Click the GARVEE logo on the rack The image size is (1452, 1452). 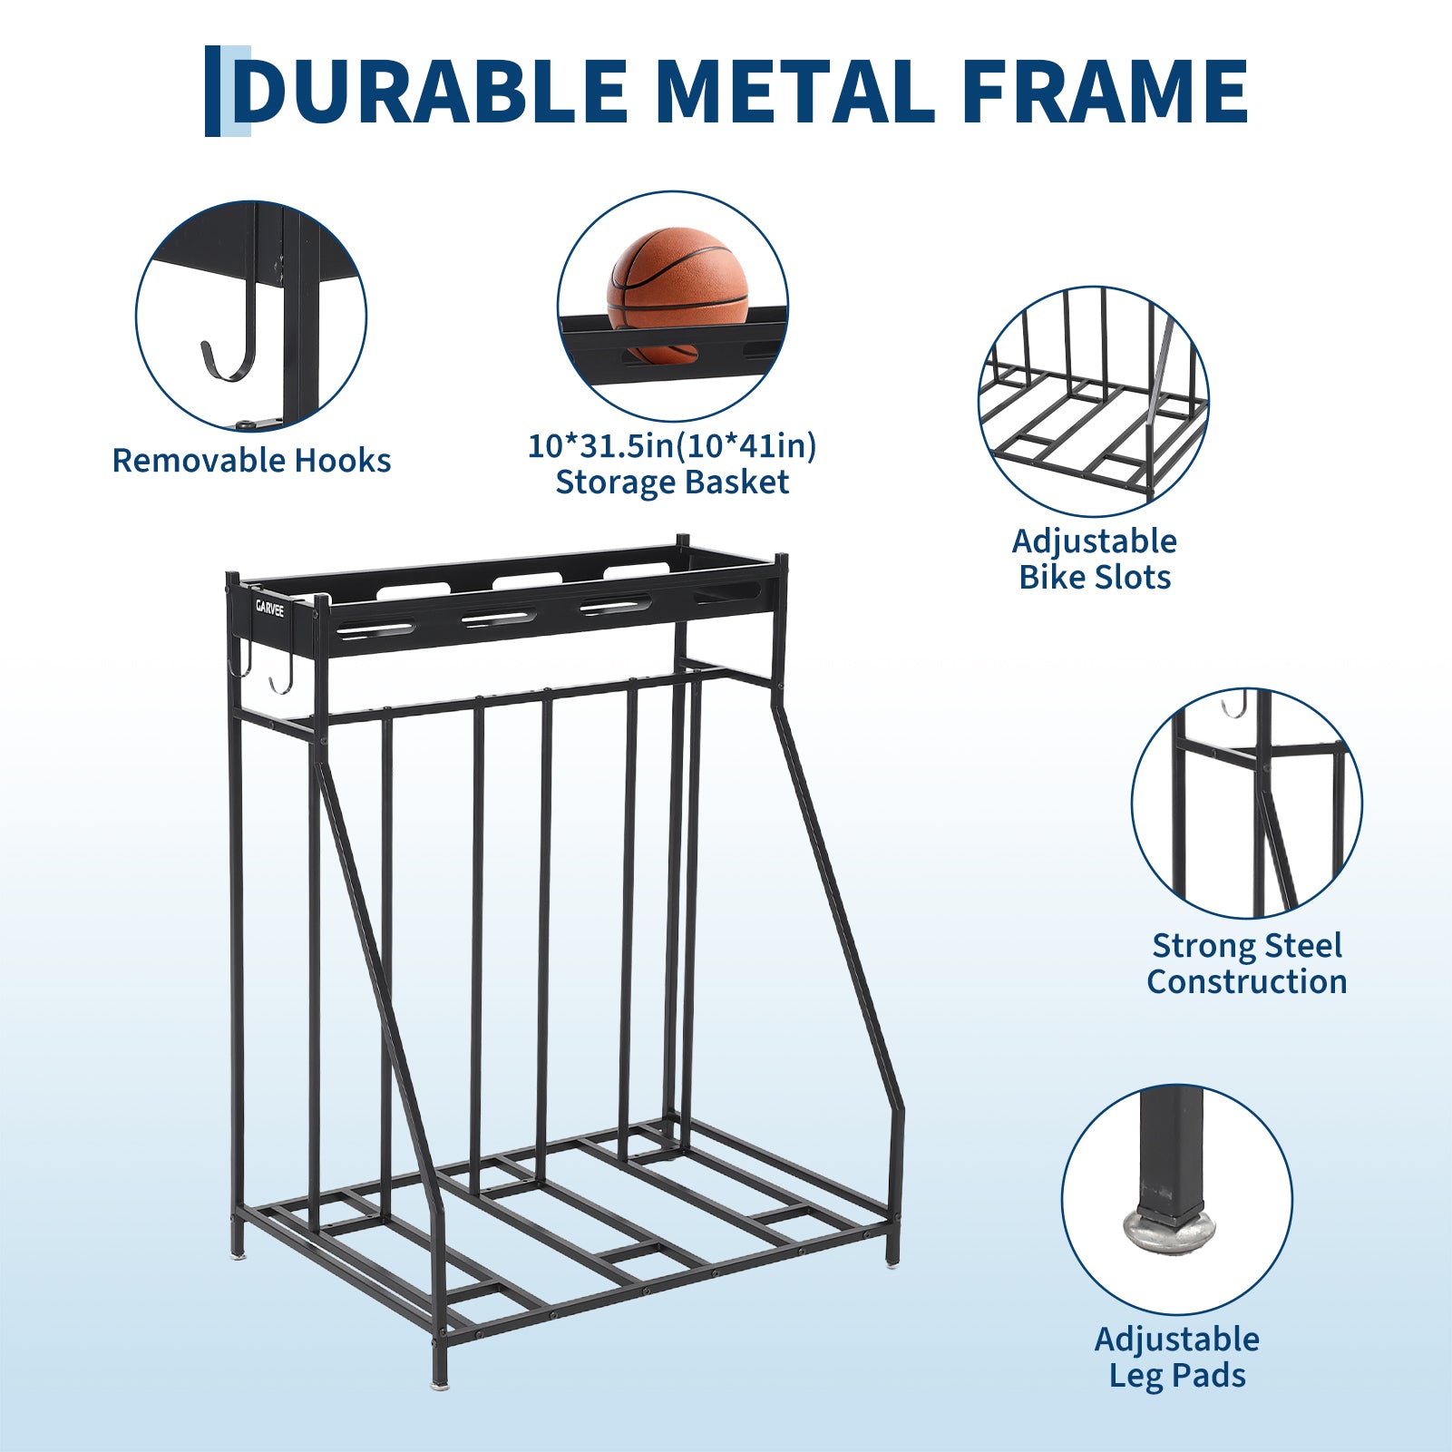tap(269, 608)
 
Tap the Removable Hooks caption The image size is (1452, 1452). tap(251, 461)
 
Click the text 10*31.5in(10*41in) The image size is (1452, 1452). tap(672, 445)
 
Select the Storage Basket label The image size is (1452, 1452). tap(672, 482)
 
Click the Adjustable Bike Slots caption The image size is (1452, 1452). tap(1095, 559)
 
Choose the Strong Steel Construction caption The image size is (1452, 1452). tap(1247, 963)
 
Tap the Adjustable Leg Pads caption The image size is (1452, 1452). tap(1177, 1357)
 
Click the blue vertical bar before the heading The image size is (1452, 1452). tap(213, 91)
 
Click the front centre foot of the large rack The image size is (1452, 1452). tap(440, 1384)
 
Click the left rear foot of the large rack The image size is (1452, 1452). tap(238, 1253)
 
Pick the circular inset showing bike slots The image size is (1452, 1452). tap(1094, 402)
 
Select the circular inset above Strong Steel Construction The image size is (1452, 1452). tap(1247, 803)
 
